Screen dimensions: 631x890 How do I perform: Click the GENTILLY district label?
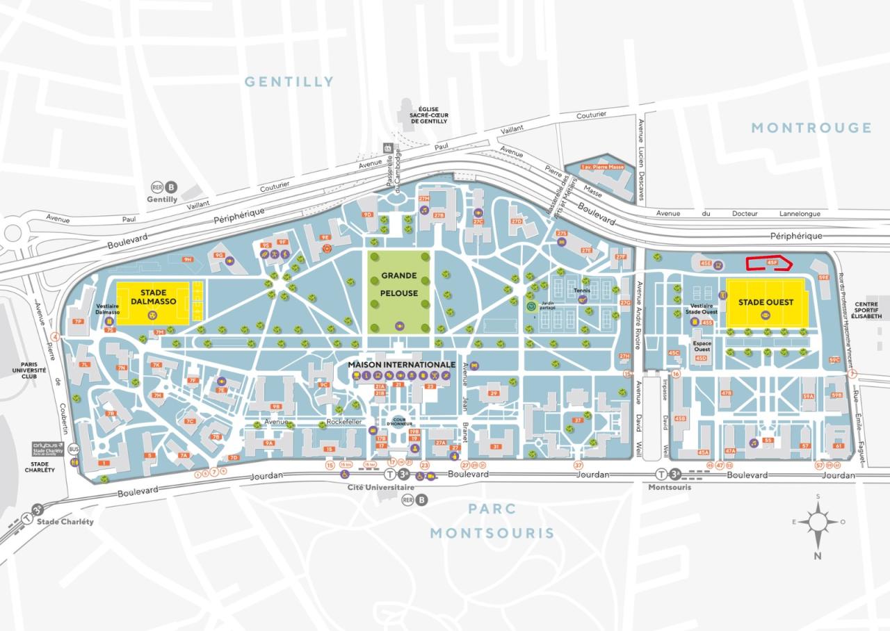289,82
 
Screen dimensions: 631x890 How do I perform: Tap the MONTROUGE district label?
811,127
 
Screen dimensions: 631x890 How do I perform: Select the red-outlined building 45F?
768,263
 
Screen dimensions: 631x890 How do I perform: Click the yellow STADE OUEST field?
766,302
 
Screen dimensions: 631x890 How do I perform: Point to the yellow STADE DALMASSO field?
152,302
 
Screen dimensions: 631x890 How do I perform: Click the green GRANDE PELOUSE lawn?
399,292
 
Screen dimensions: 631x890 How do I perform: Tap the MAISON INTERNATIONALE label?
402,364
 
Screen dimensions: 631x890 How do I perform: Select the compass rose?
818,522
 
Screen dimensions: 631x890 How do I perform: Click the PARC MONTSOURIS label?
492,521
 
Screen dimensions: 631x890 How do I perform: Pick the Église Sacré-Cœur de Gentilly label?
424,115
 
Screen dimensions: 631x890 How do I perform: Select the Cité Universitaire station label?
375,488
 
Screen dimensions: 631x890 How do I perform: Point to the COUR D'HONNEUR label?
399,422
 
